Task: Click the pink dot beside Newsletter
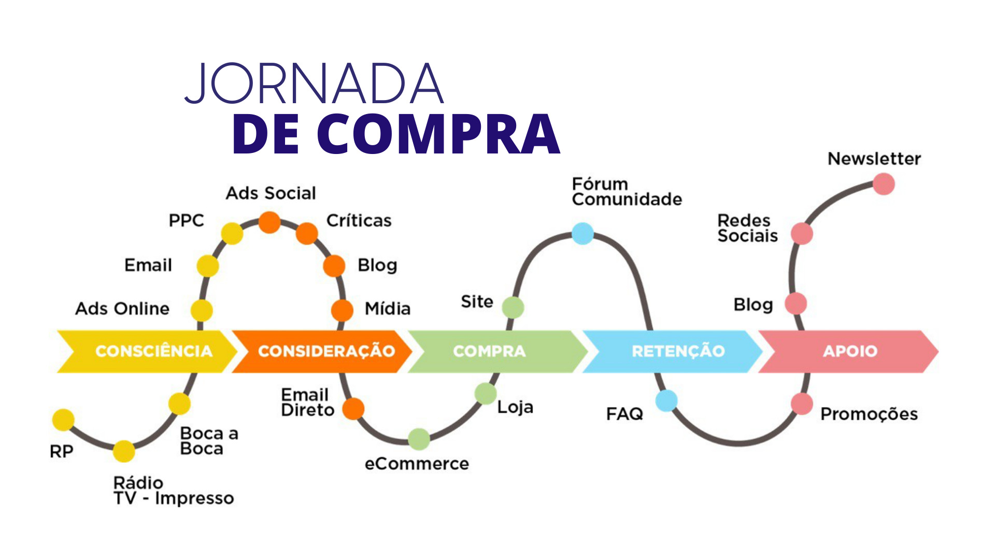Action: click(884, 184)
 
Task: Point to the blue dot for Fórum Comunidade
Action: click(582, 233)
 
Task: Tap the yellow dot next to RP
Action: click(63, 419)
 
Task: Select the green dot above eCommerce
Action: click(419, 439)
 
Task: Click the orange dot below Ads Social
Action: click(269, 222)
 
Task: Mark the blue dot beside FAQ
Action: click(666, 401)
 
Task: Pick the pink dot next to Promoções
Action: click(802, 404)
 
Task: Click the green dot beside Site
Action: click(513, 307)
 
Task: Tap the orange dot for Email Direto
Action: click(353, 409)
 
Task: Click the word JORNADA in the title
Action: click(314, 84)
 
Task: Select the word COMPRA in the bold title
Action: click(438, 134)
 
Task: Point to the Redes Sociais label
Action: click(747, 228)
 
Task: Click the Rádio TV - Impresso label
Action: click(173, 491)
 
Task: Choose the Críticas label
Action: click(359, 221)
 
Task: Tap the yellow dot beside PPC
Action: click(232, 233)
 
